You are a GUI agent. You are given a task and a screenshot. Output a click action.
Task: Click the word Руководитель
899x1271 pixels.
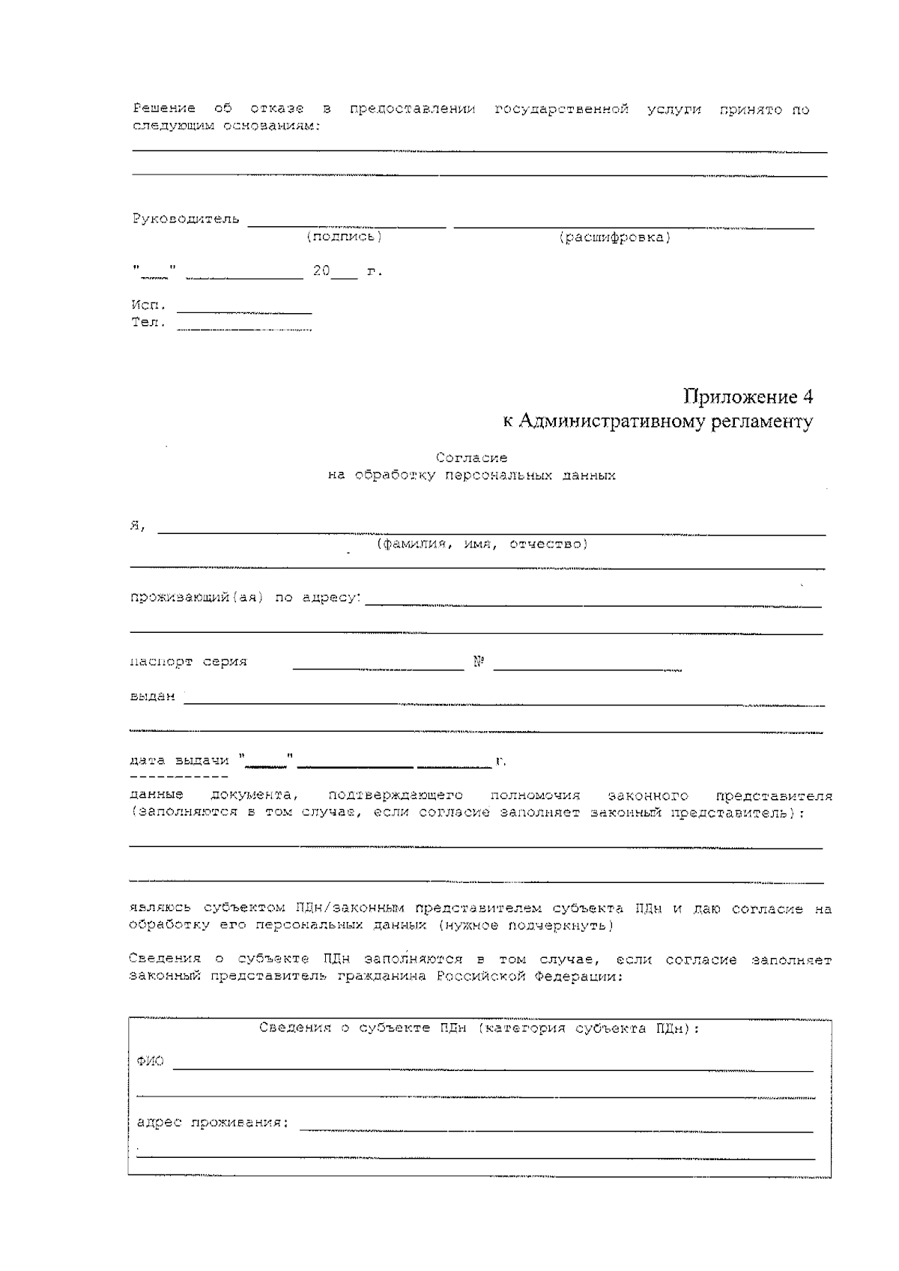(186, 219)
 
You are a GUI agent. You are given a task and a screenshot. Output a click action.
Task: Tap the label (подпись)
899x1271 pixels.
(344, 237)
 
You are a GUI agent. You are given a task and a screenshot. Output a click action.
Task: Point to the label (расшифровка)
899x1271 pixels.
(614, 237)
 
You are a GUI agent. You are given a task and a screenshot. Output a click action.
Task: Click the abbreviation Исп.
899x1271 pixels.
(148, 306)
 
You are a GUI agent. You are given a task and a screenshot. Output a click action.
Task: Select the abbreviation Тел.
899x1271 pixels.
(148, 323)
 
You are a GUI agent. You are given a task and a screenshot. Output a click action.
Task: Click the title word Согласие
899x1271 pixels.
(471, 458)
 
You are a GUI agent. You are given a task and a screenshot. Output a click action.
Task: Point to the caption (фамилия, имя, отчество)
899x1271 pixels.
(482, 544)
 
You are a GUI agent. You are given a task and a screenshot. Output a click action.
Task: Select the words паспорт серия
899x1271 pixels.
(188, 662)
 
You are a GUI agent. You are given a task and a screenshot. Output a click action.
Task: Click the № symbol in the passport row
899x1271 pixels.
(479, 662)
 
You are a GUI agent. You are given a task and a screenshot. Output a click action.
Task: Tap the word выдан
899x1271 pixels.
(152, 697)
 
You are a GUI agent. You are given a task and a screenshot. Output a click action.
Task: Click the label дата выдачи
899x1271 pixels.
(179, 760)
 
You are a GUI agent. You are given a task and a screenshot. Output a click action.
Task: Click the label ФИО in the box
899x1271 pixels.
(150, 1061)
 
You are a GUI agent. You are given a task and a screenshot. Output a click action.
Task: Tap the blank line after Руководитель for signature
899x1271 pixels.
(346, 223)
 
